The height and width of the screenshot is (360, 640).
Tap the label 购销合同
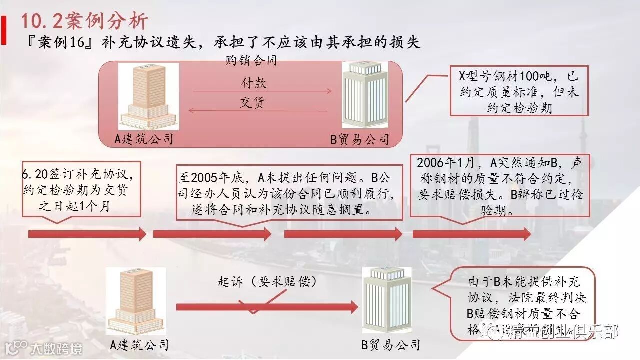tap(251, 61)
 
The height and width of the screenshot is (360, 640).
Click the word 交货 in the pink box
tap(253, 103)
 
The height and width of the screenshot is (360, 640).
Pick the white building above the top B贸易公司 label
tap(365, 95)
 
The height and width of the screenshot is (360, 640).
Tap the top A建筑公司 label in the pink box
tap(144, 138)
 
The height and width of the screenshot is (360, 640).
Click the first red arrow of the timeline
tap(87, 234)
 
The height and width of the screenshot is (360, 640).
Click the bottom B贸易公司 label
tap(390, 345)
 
